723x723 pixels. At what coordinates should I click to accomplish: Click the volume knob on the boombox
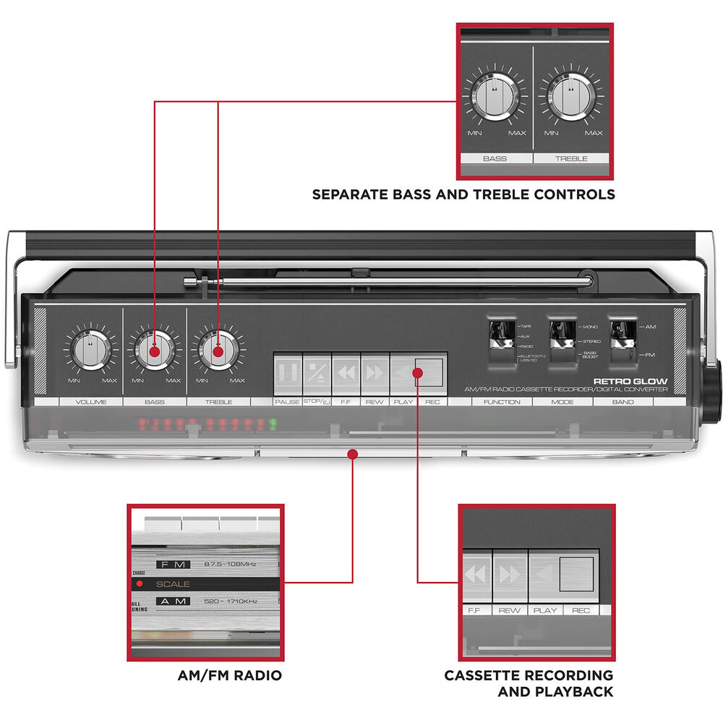pos(90,350)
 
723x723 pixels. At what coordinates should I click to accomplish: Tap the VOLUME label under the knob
pos(90,402)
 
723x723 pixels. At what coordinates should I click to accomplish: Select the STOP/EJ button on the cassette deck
pos(317,372)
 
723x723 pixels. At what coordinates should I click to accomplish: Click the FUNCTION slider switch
pos(499,337)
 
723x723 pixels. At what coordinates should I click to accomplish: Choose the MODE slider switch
pos(558,337)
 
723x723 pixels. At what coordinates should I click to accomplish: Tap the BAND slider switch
pos(619,337)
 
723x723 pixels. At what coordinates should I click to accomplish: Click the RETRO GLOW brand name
pos(630,381)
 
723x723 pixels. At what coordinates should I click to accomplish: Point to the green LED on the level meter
pos(273,424)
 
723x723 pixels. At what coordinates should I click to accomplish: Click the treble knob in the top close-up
pos(571,99)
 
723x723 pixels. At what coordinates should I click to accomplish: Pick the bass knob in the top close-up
pos(495,99)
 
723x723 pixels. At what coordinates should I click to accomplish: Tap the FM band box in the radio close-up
pos(174,564)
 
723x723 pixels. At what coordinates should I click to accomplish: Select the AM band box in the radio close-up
pos(174,602)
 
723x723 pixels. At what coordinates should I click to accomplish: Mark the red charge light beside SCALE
pos(139,583)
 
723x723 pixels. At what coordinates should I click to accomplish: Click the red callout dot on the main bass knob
pos(155,352)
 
